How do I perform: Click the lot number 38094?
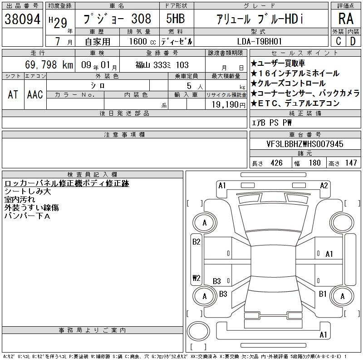[x=22, y=19]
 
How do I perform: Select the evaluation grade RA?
[x=346, y=19]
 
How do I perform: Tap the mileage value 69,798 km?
[x=49, y=64]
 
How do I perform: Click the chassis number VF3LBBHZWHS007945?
[x=305, y=144]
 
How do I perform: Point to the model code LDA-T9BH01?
[x=260, y=41]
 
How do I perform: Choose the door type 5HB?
[x=176, y=19]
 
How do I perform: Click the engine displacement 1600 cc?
[x=142, y=42]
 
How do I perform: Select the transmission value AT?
[x=13, y=94]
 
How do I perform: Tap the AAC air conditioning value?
[x=35, y=94]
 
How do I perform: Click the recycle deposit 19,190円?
[x=228, y=105]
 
